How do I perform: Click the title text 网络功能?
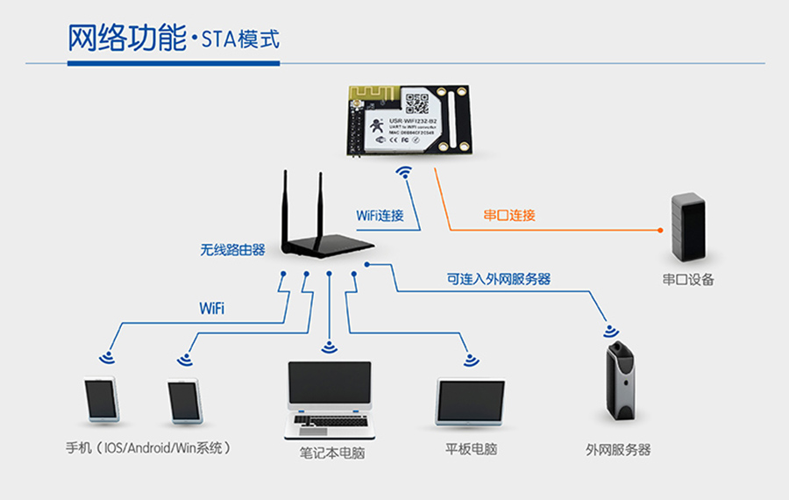coord(126,39)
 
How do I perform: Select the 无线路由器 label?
coord(232,250)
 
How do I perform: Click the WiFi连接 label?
coord(380,215)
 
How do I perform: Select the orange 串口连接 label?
coord(509,215)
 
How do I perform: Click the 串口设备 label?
coord(688,280)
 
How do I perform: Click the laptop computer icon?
coord(330,399)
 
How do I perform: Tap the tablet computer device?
coord(470,402)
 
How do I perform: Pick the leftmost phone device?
coord(101,399)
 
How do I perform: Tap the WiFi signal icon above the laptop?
coord(330,346)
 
